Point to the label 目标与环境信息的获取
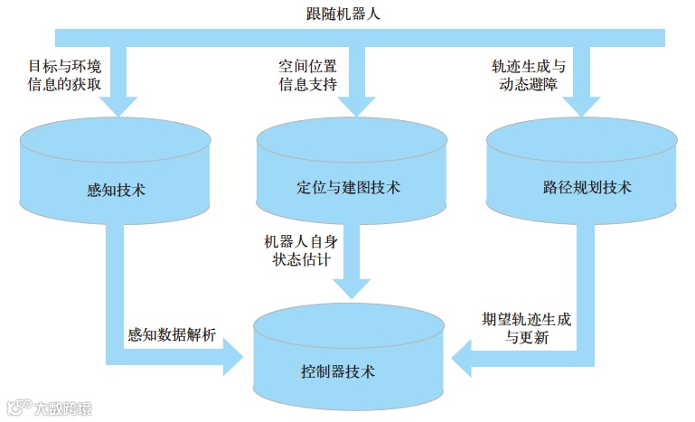[63, 76]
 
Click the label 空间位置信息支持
[307, 76]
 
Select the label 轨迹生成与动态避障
[529, 76]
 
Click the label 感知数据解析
[172, 335]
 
